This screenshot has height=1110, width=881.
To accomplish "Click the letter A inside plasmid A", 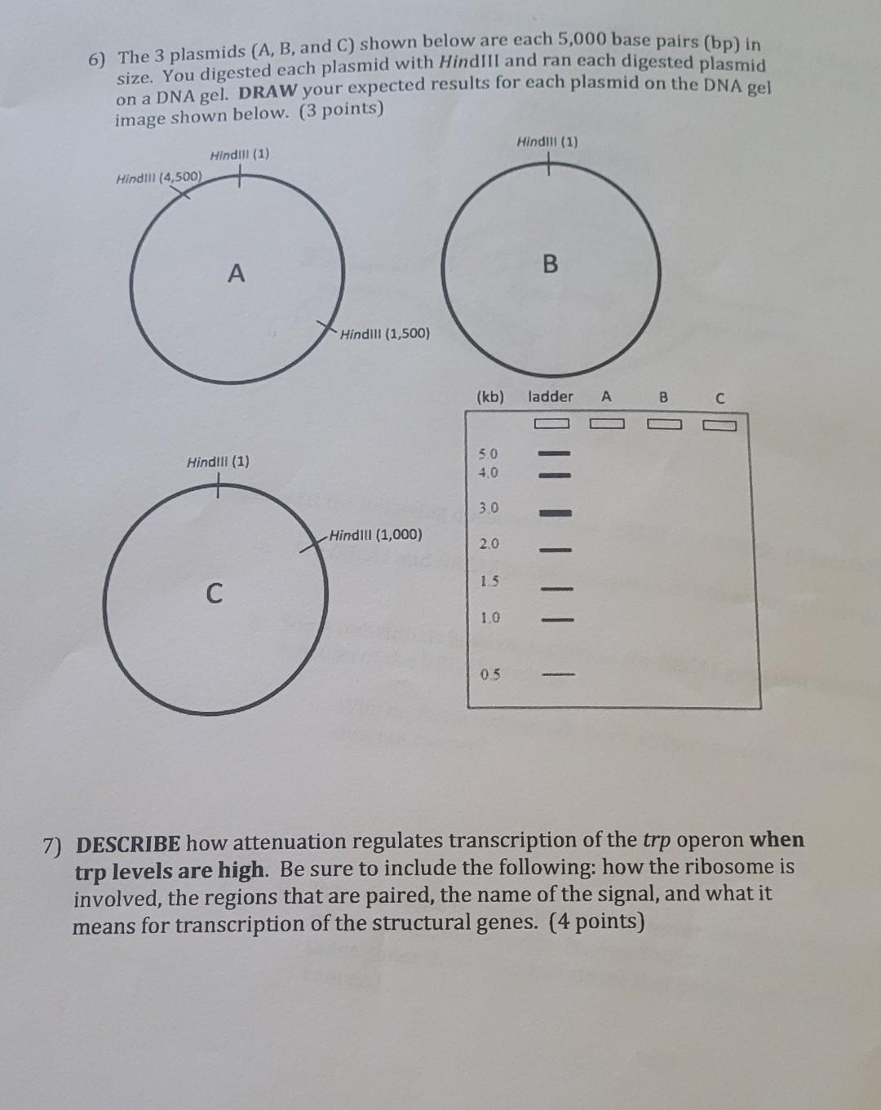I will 236,273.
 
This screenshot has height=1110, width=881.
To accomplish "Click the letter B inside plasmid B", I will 551,264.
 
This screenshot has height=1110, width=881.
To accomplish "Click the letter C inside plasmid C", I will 213,593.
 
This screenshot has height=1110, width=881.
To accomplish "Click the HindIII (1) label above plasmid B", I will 547,142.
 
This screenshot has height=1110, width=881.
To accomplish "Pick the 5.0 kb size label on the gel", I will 489,453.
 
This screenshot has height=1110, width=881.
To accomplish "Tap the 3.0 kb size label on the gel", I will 489,508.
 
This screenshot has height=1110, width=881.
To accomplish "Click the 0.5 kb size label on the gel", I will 490,674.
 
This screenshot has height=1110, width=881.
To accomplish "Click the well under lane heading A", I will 606,423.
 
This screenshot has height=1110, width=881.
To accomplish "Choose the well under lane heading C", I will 719,424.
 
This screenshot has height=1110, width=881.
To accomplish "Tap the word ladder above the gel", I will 551,396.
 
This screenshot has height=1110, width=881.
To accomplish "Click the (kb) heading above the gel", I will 489,397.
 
